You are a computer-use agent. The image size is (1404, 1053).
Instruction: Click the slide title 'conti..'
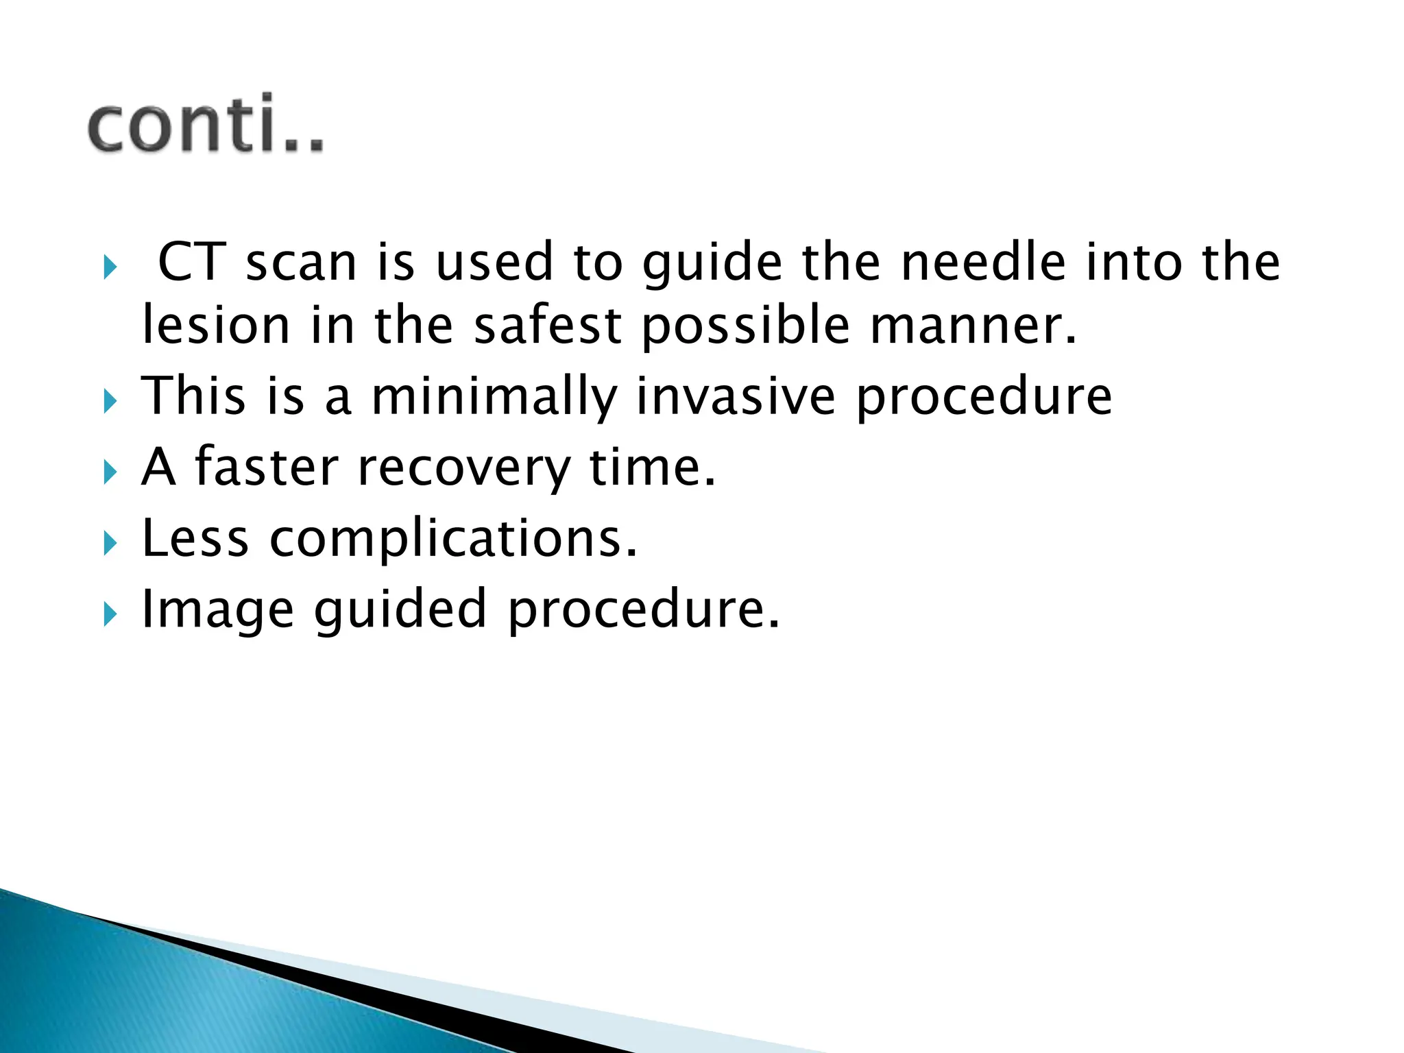(x=206, y=124)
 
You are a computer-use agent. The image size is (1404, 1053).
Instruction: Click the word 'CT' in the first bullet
(x=192, y=262)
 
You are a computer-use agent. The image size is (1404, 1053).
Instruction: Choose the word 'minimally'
(x=494, y=398)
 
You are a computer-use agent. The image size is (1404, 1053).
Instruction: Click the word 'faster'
(x=267, y=468)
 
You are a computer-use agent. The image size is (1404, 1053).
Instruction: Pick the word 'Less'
(x=195, y=538)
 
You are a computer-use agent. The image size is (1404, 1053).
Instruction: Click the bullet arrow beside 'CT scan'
(x=110, y=267)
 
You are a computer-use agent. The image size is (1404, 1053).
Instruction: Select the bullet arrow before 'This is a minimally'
(x=110, y=400)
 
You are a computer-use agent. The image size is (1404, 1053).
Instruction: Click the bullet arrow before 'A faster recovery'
(x=110, y=472)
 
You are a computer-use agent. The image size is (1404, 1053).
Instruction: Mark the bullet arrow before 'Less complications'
(x=110, y=543)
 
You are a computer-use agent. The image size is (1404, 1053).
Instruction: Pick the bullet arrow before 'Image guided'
(x=110, y=614)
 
